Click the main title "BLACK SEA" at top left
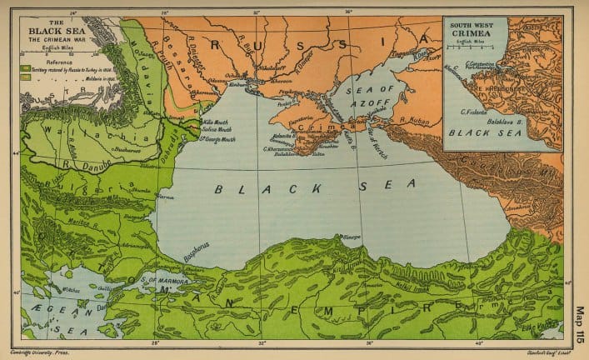click(45, 32)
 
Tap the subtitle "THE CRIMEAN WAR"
click(45, 40)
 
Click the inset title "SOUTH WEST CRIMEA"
click(473, 28)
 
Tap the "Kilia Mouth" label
click(216, 122)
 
